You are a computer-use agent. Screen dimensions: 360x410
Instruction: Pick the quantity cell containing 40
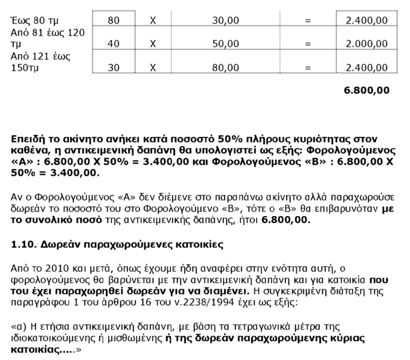[x=113, y=45]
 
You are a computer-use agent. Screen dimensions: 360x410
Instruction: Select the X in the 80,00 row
[x=153, y=68]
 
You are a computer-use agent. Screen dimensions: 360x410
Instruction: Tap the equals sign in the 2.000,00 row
[x=308, y=45]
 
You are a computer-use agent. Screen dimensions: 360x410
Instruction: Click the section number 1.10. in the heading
[x=25, y=242]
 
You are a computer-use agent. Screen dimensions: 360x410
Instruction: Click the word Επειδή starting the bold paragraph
[x=31, y=138]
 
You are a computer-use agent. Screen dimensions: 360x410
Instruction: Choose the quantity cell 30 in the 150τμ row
[x=113, y=68]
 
